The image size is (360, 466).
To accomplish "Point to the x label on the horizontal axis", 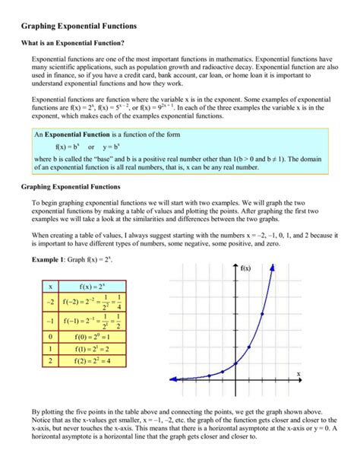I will (x=298, y=373).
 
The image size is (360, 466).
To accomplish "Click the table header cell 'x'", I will (x=50, y=287).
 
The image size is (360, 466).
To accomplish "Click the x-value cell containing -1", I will (x=50, y=321).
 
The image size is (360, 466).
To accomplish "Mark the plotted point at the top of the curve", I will (x=262, y=313).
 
